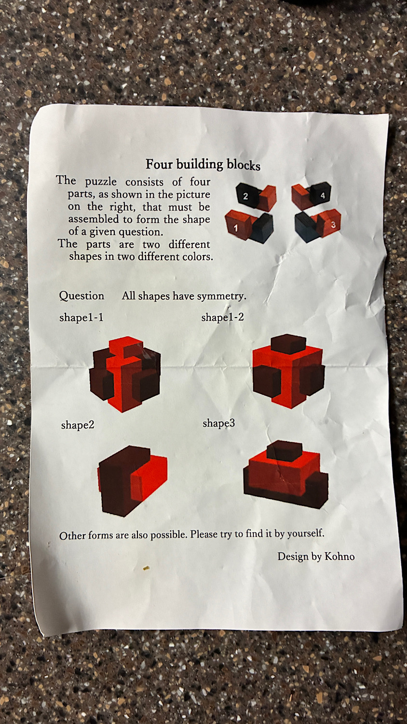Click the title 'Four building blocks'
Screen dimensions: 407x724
203,165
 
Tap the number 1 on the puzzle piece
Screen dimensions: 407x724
236,228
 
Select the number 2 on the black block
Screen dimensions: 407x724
245,196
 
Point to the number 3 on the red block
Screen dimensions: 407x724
333,224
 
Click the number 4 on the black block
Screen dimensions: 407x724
323,195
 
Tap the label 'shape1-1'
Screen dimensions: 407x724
81,318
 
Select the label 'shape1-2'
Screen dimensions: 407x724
223,317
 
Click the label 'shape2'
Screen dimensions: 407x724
78,425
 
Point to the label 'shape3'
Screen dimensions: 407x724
218,423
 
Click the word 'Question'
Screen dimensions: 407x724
81,296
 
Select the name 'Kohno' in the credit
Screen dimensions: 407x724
339,556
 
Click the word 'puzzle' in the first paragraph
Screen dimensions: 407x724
101,181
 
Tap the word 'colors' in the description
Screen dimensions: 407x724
197,257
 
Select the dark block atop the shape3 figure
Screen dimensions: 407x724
285,451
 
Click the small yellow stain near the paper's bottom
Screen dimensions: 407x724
146,568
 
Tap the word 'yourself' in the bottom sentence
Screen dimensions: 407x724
305,533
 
